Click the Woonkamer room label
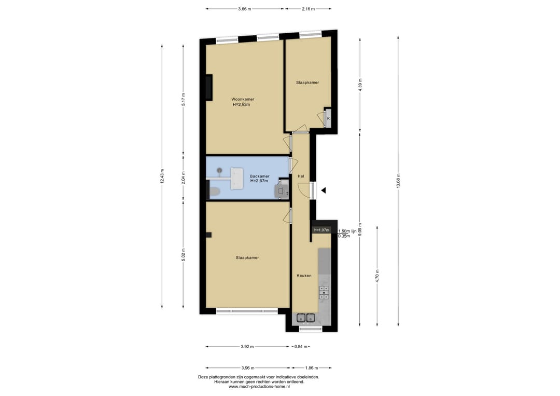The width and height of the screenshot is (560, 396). point(243,99)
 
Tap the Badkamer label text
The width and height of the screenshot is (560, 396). point(260,176)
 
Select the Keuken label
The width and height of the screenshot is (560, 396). point(304,276)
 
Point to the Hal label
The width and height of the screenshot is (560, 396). point(301,176)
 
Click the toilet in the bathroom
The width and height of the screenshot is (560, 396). point(214,193)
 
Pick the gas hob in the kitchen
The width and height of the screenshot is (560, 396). point(324,292)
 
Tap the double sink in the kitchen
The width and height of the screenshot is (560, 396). point(306,318)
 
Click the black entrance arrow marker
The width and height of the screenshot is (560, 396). point(323,190)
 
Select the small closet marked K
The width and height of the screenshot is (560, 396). point(328,118)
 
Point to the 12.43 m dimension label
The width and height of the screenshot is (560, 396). point(162,176)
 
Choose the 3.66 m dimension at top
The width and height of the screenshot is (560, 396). point(245,9)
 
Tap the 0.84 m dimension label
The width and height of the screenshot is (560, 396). point(300,346)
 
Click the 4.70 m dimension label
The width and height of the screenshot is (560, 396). point(377,276)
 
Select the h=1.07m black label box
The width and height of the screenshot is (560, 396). point(321,230)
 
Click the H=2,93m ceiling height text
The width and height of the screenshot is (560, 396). point(242,105)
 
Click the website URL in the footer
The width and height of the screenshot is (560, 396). point(259,386)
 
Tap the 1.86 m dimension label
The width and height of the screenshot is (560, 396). point(312,368)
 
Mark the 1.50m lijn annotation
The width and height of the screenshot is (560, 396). point(347,231)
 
